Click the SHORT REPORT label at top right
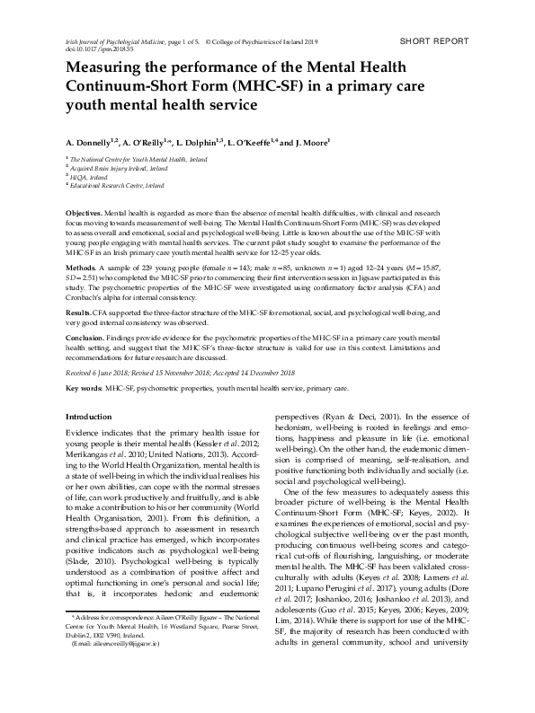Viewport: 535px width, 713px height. [437, 43]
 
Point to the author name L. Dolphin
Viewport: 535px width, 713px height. [202, 142]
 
